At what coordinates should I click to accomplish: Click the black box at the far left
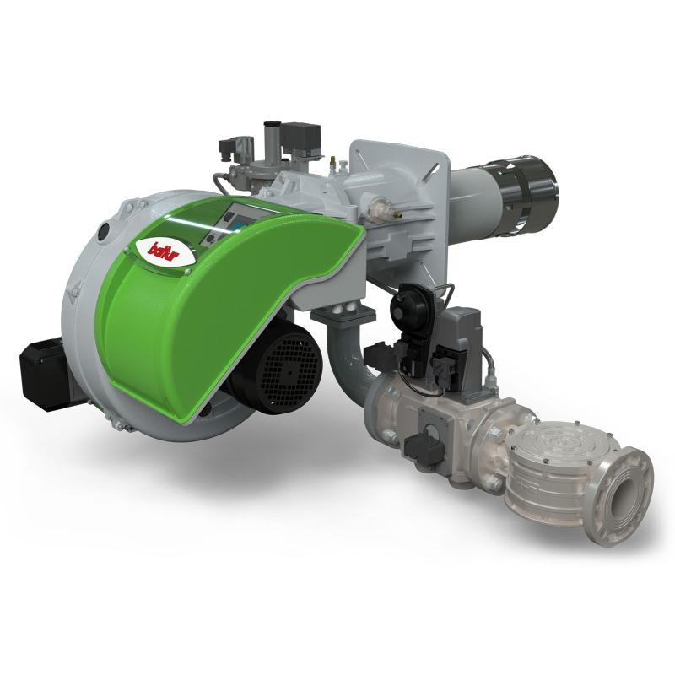44,373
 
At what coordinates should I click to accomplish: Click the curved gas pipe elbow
344,358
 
